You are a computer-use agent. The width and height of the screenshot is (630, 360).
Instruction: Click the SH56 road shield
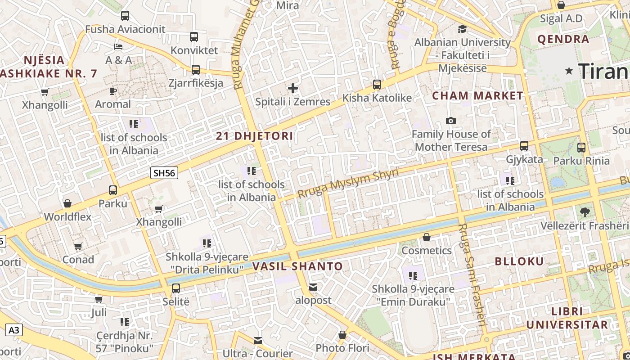(x=164, y=173)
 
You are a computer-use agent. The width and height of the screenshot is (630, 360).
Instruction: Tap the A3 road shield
(x=14, y=330)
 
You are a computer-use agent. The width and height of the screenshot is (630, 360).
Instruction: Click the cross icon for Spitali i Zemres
(x=293, y=88)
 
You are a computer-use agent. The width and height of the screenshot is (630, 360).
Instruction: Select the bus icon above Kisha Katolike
(x=377, y=84)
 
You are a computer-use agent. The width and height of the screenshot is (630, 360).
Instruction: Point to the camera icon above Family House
(x=450, y=121)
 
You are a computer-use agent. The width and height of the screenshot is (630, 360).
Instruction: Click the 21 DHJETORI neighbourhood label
(x=254, y=136)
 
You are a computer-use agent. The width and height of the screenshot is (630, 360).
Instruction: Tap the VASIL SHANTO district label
(x=297, y=266)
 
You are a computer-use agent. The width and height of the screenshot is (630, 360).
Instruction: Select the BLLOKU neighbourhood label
(x=519, y=261)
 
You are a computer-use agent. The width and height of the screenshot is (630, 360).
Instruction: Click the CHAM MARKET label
(x=477, y=96)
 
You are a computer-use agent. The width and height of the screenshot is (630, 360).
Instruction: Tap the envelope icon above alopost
(x=313, y=287)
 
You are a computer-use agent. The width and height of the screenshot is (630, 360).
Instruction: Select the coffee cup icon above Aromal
(x=113, y=91)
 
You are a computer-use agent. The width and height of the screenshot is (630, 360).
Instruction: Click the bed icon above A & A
(x=118, y=46)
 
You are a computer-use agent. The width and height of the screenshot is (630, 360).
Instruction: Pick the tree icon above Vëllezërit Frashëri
(x=585, y=211)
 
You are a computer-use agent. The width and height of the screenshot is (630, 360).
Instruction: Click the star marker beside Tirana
(x=569, y=71)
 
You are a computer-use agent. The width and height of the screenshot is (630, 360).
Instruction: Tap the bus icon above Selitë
(x=176, y=288)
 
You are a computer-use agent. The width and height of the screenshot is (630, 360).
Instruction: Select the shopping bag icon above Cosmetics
(x=427, y=237)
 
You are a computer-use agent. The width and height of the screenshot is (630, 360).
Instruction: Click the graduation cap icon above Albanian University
(x=462, y=29)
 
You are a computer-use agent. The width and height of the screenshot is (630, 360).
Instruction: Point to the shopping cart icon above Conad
(x=78, y=246)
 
